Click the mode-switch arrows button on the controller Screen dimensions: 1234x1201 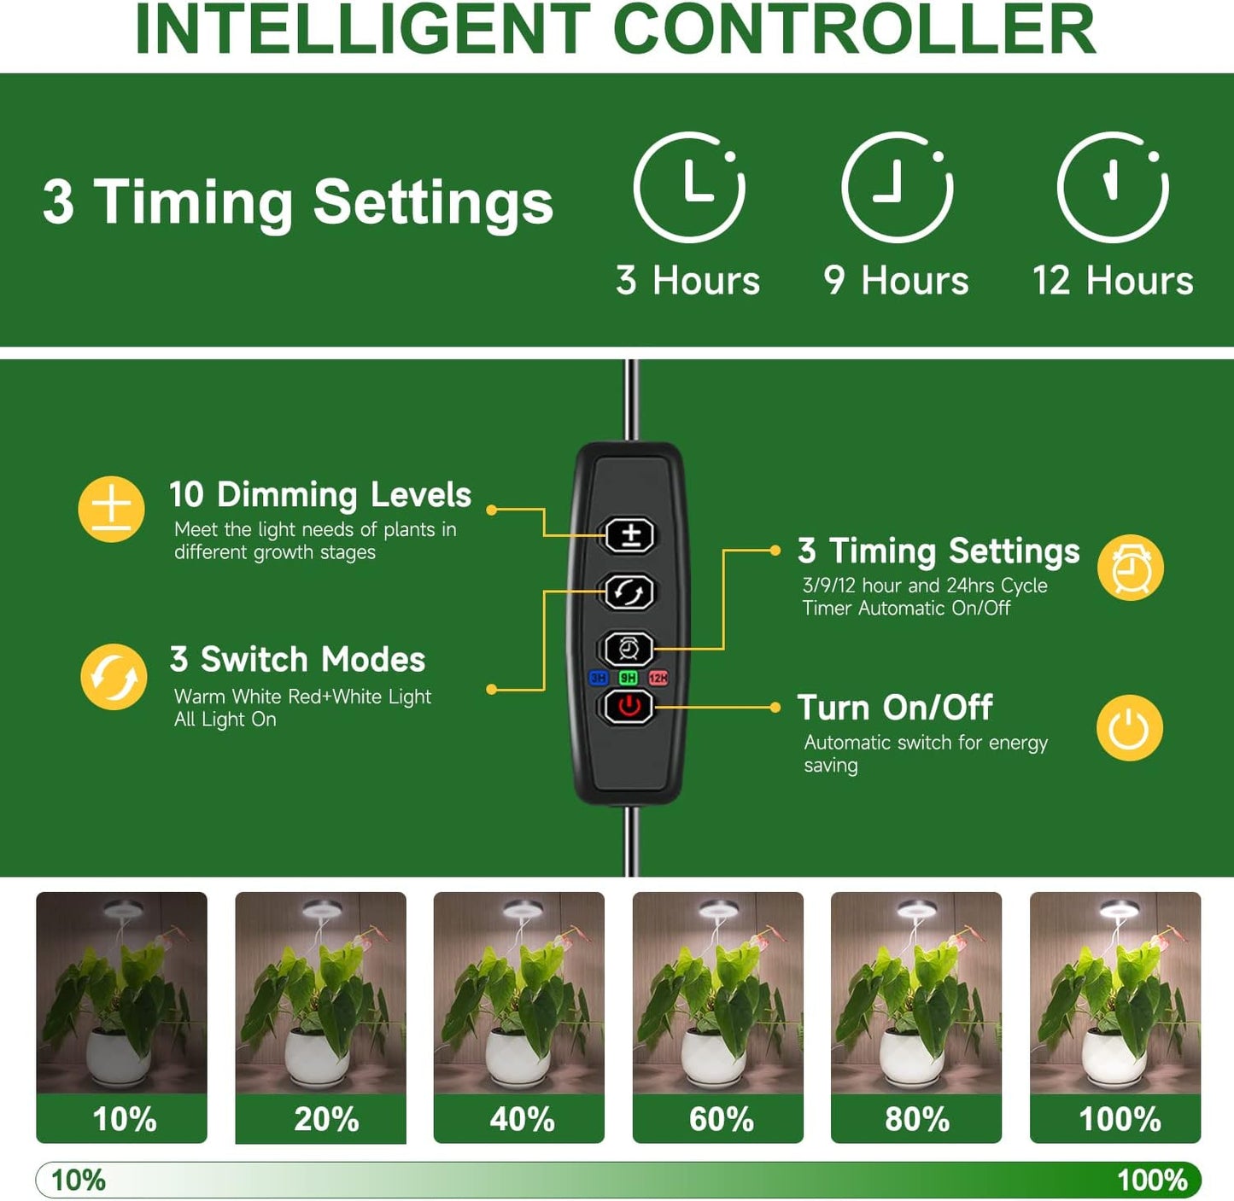629,592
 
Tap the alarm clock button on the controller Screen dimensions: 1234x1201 627,649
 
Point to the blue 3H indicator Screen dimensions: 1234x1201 598,678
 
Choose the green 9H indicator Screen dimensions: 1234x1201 628,678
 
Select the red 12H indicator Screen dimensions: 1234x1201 658,678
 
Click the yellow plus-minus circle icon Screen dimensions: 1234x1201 111,509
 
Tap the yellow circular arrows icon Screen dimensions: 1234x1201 114,676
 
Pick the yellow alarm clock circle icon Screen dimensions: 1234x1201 1131,568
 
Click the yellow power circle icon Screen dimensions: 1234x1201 1129,727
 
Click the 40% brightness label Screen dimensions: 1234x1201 522,1118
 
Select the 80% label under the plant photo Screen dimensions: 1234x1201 917,1118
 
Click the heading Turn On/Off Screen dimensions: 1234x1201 894,707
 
